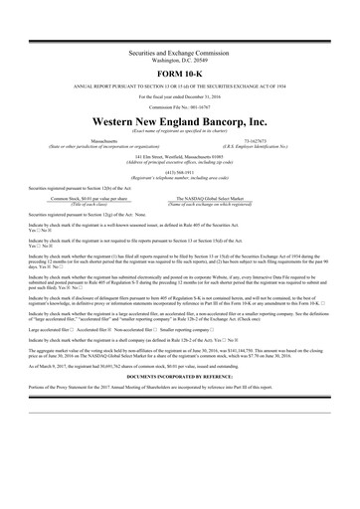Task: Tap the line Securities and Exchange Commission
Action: [x=179, y=49]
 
